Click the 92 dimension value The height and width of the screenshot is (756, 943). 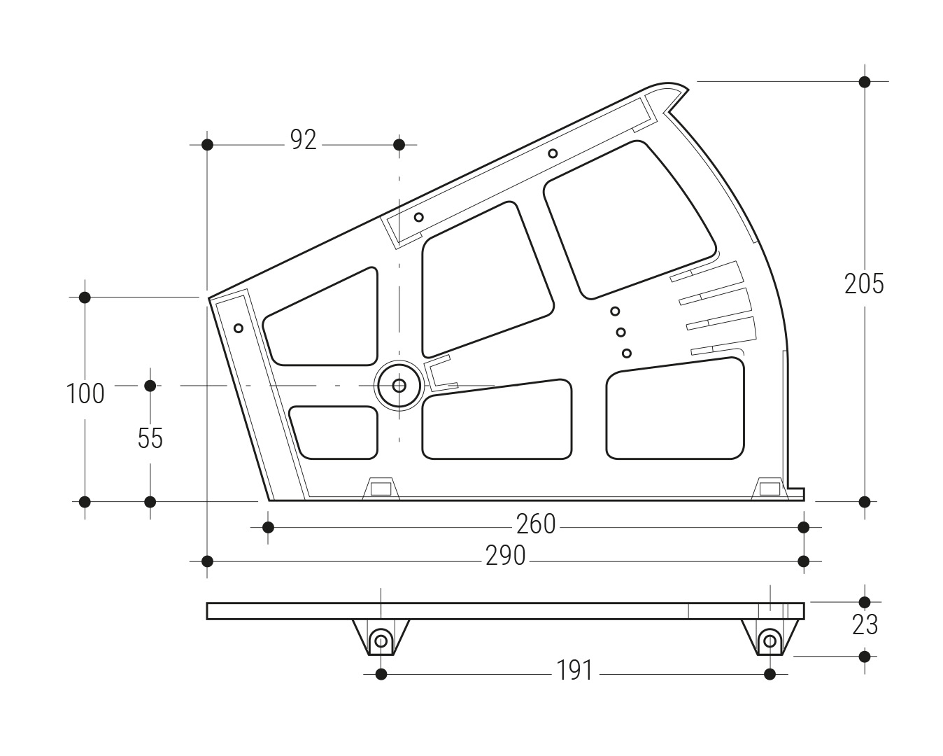(303, 140)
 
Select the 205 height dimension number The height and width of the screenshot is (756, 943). (864, 283)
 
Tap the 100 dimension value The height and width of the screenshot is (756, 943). (85, 393)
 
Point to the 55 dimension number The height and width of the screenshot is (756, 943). (150, 438)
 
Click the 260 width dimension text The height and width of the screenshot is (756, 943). (536, 524)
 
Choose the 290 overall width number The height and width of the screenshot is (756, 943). (505, 556)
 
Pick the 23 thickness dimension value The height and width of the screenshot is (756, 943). (865, 624)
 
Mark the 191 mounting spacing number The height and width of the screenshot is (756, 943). (574, 671)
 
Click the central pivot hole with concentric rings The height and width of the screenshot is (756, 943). (399, 386)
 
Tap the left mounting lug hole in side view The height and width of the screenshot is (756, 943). (381, 641)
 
